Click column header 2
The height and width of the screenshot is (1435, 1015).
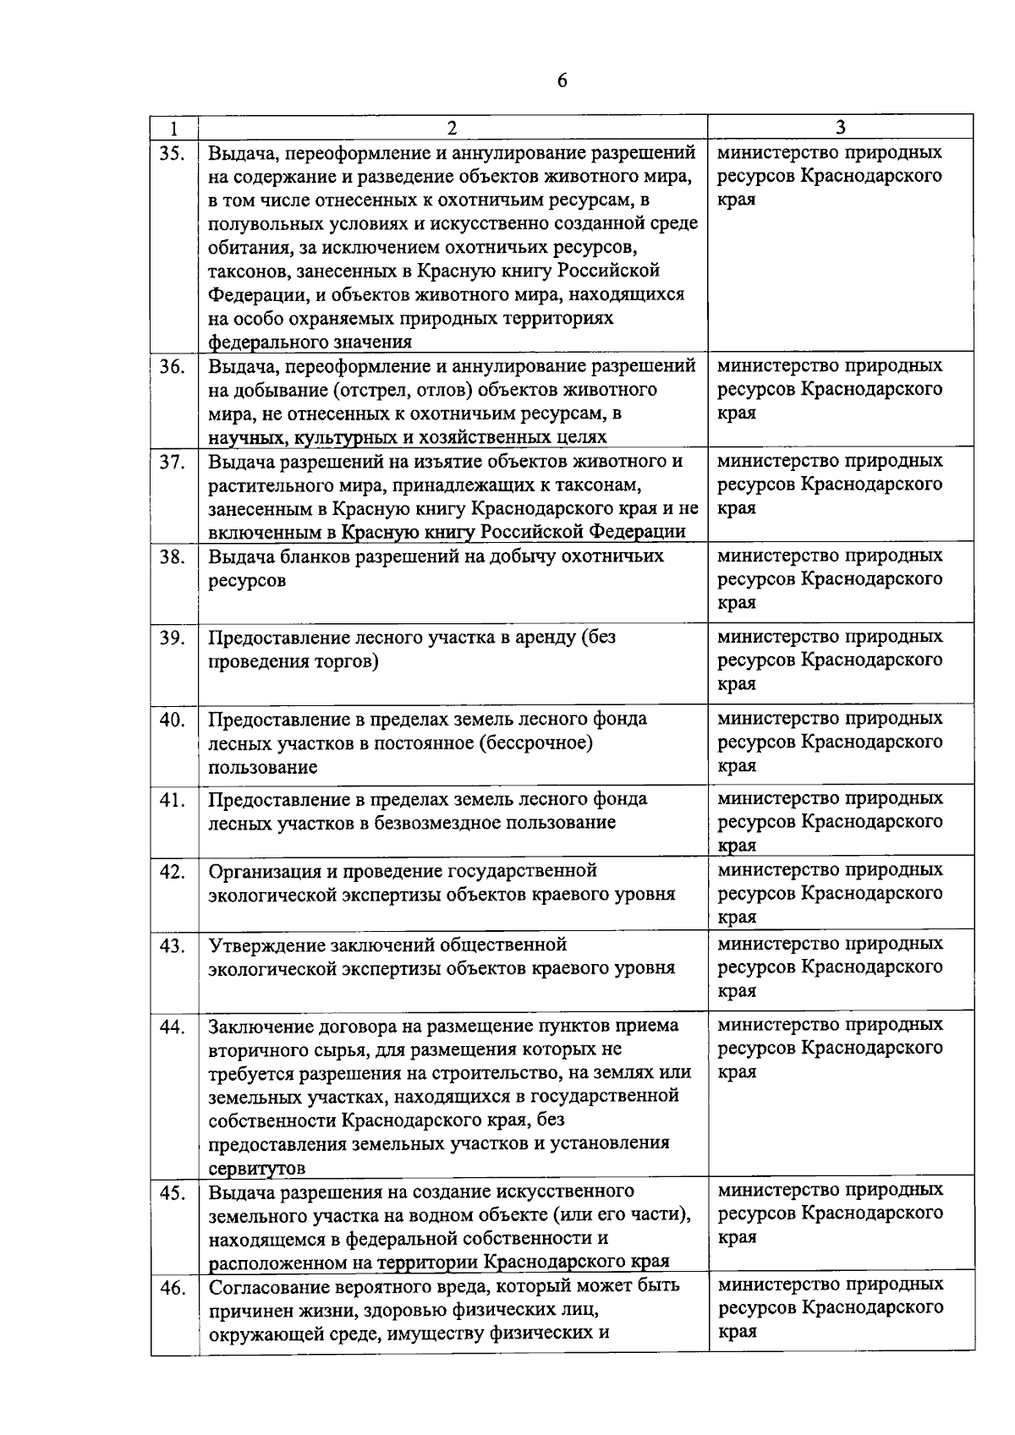(453, 128)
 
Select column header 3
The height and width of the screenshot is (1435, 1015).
(840, 128)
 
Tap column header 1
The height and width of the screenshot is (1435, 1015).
(173, 129)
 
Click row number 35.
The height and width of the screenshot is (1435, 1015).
(173, 154)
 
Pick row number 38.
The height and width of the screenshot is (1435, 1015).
(173, 557)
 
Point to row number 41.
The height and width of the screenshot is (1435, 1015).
(173, 800)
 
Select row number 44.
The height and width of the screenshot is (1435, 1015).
(173, 1027)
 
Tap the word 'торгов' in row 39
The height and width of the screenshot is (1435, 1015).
(345, 662)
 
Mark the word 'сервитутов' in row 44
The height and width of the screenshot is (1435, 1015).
(257, 1169)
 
